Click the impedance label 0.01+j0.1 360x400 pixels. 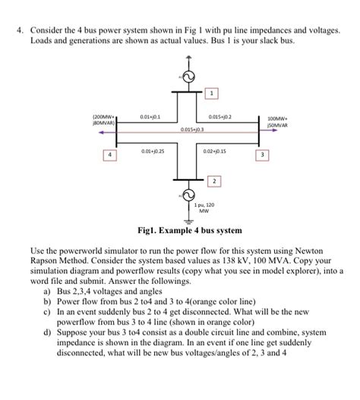(x=150, y=116)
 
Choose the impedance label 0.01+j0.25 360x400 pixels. (x=152, y=151)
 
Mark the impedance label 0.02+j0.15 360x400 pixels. (x=216, y=151)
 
